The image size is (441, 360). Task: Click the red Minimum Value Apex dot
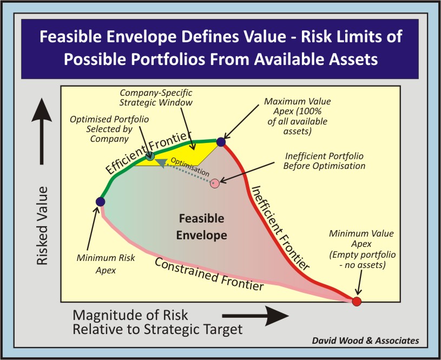coord(357,301)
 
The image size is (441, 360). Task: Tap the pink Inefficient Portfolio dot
coord(215,184)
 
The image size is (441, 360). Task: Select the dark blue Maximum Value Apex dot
coord(221,142)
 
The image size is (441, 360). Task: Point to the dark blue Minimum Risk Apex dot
coord(101,202)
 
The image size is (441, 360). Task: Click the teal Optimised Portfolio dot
coord(150,156)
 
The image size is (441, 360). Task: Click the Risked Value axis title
coord(42,226)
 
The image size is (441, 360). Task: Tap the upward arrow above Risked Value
coord(42,131)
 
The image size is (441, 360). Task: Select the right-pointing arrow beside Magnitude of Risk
coord(255,316)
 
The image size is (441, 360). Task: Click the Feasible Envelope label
coord(202,227)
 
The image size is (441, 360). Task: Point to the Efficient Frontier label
coord(147,152)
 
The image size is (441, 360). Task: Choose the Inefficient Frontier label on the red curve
coord(280,227)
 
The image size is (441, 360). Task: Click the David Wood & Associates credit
coord(365,341)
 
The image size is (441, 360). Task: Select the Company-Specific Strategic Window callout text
coord(156,97)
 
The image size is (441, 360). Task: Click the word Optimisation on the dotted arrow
coord(190,167)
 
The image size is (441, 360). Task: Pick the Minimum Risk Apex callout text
coord(106,264)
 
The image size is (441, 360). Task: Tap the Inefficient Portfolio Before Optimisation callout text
coord(324,161)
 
